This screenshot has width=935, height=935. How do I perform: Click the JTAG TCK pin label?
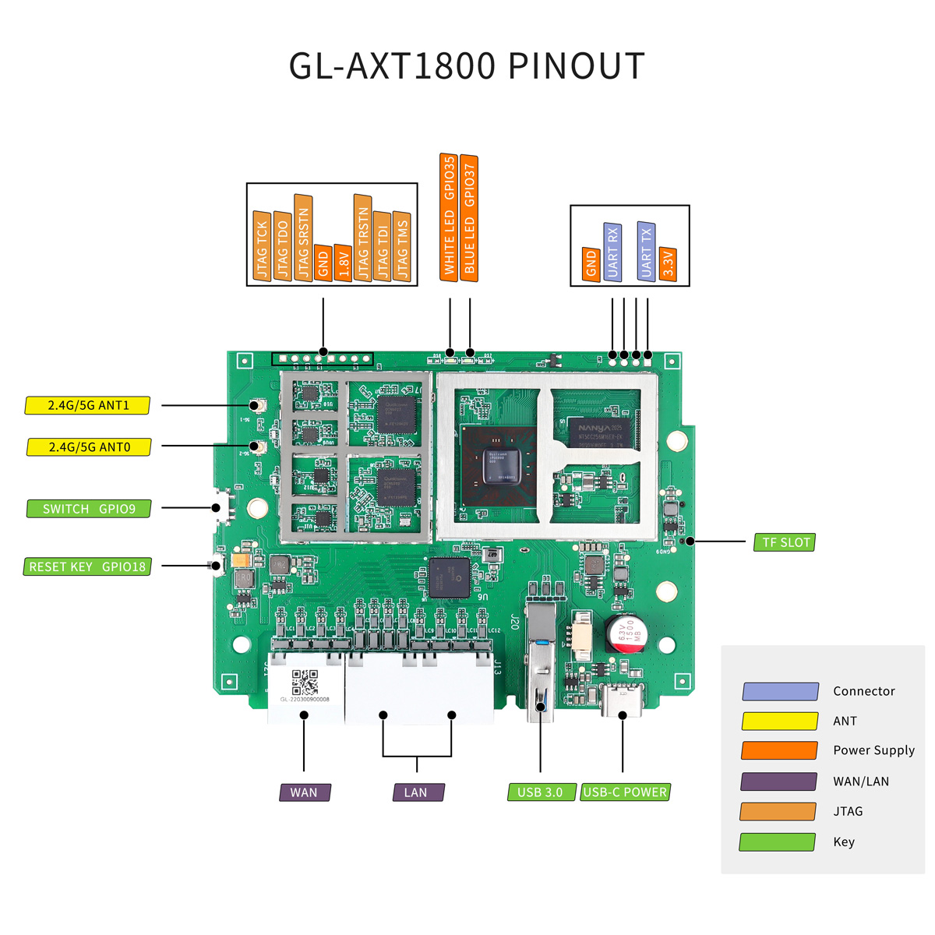coord(262,246)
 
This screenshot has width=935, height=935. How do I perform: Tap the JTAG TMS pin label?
coord(402,246)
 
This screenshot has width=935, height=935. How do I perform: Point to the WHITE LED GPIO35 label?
coord(449,217)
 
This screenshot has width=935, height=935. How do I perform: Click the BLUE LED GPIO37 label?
coord(469,218)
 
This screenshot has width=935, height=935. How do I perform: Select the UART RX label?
coord(612,252)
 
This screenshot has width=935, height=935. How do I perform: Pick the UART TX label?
coord(646,251)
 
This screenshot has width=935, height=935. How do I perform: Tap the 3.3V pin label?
coord(668,265)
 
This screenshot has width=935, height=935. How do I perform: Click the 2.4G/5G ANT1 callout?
coord(88,405)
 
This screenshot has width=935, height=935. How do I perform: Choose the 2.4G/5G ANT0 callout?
coord(89,447)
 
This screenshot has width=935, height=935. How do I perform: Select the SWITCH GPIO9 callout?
coord(89,509)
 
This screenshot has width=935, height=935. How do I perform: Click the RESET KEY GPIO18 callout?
coord(87,567)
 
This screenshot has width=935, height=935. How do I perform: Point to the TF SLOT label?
coord(785,542)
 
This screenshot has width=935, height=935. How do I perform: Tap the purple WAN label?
coord(305,792)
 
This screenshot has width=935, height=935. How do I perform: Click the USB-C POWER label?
coord(625,792)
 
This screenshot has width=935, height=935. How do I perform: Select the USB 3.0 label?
coord(541,792)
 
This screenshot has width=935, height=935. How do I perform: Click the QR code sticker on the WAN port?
coord(305,683)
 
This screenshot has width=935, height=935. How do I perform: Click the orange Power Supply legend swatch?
coord(779,750)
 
